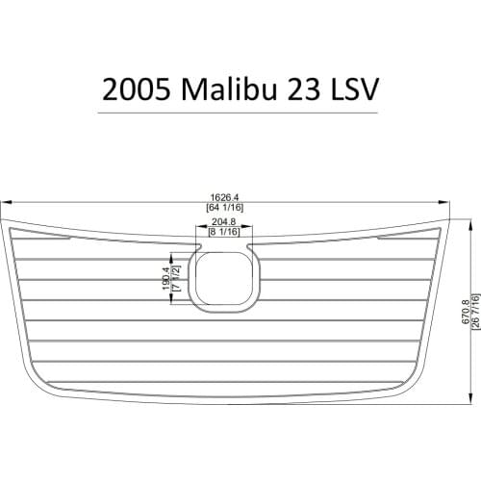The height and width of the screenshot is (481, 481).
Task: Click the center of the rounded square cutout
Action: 224,277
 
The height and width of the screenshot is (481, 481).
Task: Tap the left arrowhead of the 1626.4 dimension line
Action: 3,201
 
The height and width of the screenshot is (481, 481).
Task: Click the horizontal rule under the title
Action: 240,114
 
